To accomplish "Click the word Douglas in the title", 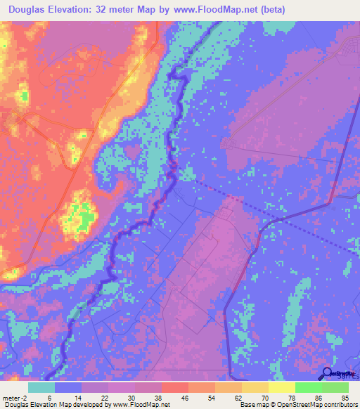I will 30,11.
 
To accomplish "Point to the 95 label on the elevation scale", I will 345,397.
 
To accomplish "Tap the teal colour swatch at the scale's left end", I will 41,387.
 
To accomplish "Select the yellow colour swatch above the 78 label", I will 281,387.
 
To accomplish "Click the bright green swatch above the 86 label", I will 308,387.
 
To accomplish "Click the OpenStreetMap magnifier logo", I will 328,372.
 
